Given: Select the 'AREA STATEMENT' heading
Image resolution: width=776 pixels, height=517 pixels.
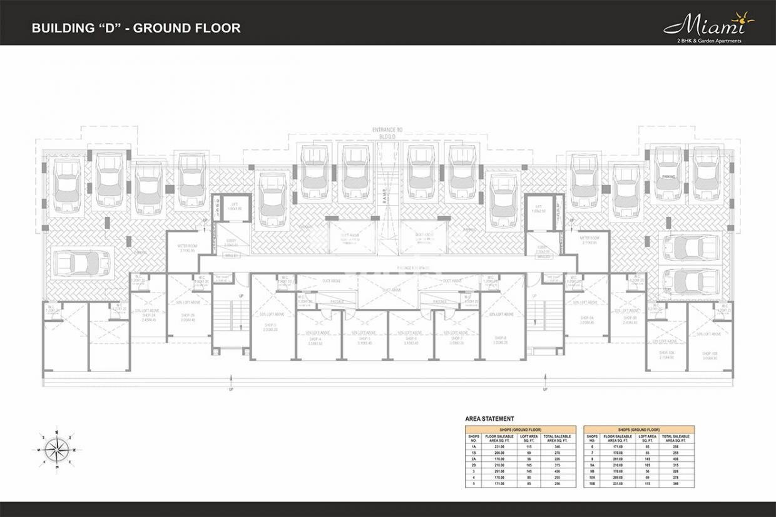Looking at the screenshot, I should (489, 419).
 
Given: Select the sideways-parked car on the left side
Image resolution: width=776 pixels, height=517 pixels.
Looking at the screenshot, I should (82, 263).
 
